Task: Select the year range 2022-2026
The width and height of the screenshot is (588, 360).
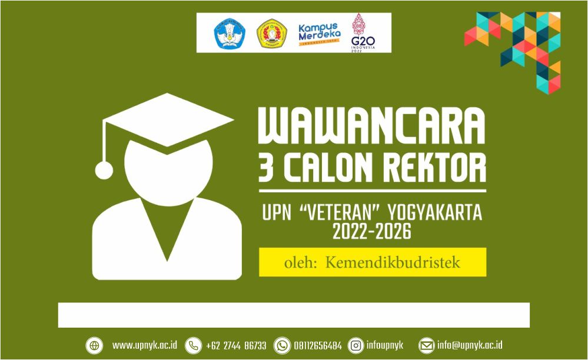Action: click(x=371, y=232)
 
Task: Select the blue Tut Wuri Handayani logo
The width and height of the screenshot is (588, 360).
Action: click(x=228, y=34)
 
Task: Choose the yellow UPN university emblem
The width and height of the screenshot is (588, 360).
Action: click(x=271, y=34)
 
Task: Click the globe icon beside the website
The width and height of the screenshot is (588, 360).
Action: click(x=94, y=345)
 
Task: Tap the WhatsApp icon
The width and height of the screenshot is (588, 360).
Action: click(x=283, y=345)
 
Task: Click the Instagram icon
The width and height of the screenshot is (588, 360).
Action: click(x=356, y=345)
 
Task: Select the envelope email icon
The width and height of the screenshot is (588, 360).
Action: click(x=426, y=345)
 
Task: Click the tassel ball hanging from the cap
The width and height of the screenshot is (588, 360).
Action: click(x=104, y=171)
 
